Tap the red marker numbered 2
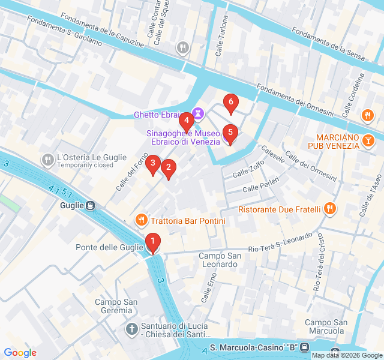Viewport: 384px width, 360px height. point(169,168)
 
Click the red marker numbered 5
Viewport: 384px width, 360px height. point(230,133)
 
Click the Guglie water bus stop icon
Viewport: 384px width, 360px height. point(90,206)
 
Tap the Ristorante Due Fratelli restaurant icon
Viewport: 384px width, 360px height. point(329,209)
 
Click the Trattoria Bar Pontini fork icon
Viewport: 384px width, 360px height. point(141,220)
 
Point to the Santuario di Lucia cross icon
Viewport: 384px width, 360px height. point(132,329)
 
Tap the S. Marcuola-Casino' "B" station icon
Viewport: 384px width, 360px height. point(305,348)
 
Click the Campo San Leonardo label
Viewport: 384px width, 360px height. point(220,260)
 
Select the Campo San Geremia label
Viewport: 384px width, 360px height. point(113,306)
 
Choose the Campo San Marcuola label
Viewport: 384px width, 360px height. point(326,326)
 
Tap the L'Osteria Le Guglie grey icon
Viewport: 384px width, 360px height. point(47,160)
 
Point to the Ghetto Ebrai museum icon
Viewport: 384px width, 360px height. point(197,113)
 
